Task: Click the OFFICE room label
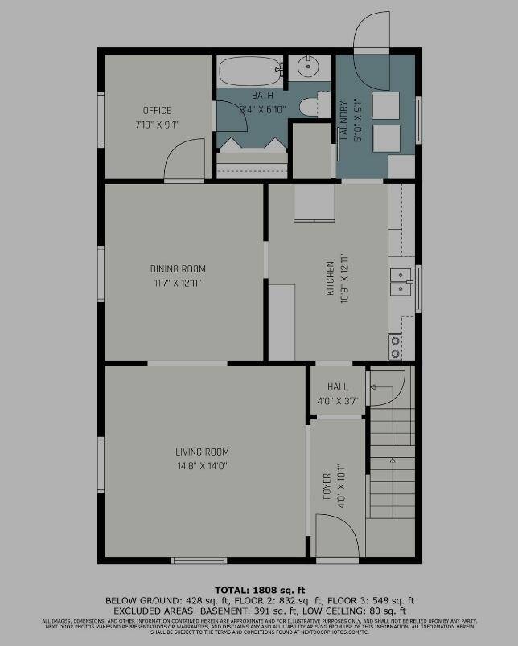[157, 111]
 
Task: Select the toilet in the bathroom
[308, 105]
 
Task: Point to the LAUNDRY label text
[343, 121]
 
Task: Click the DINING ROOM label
[178, 269]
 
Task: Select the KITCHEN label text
[329, 280]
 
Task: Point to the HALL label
[338, 387]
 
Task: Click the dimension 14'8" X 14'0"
[203, 466]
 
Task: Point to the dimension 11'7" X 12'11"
[178, 283]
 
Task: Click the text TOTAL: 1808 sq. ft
[259, 590]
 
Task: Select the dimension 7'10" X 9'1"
[157, 125]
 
